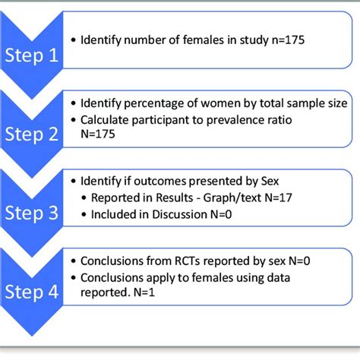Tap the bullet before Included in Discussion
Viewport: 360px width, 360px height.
tap(84, 215)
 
